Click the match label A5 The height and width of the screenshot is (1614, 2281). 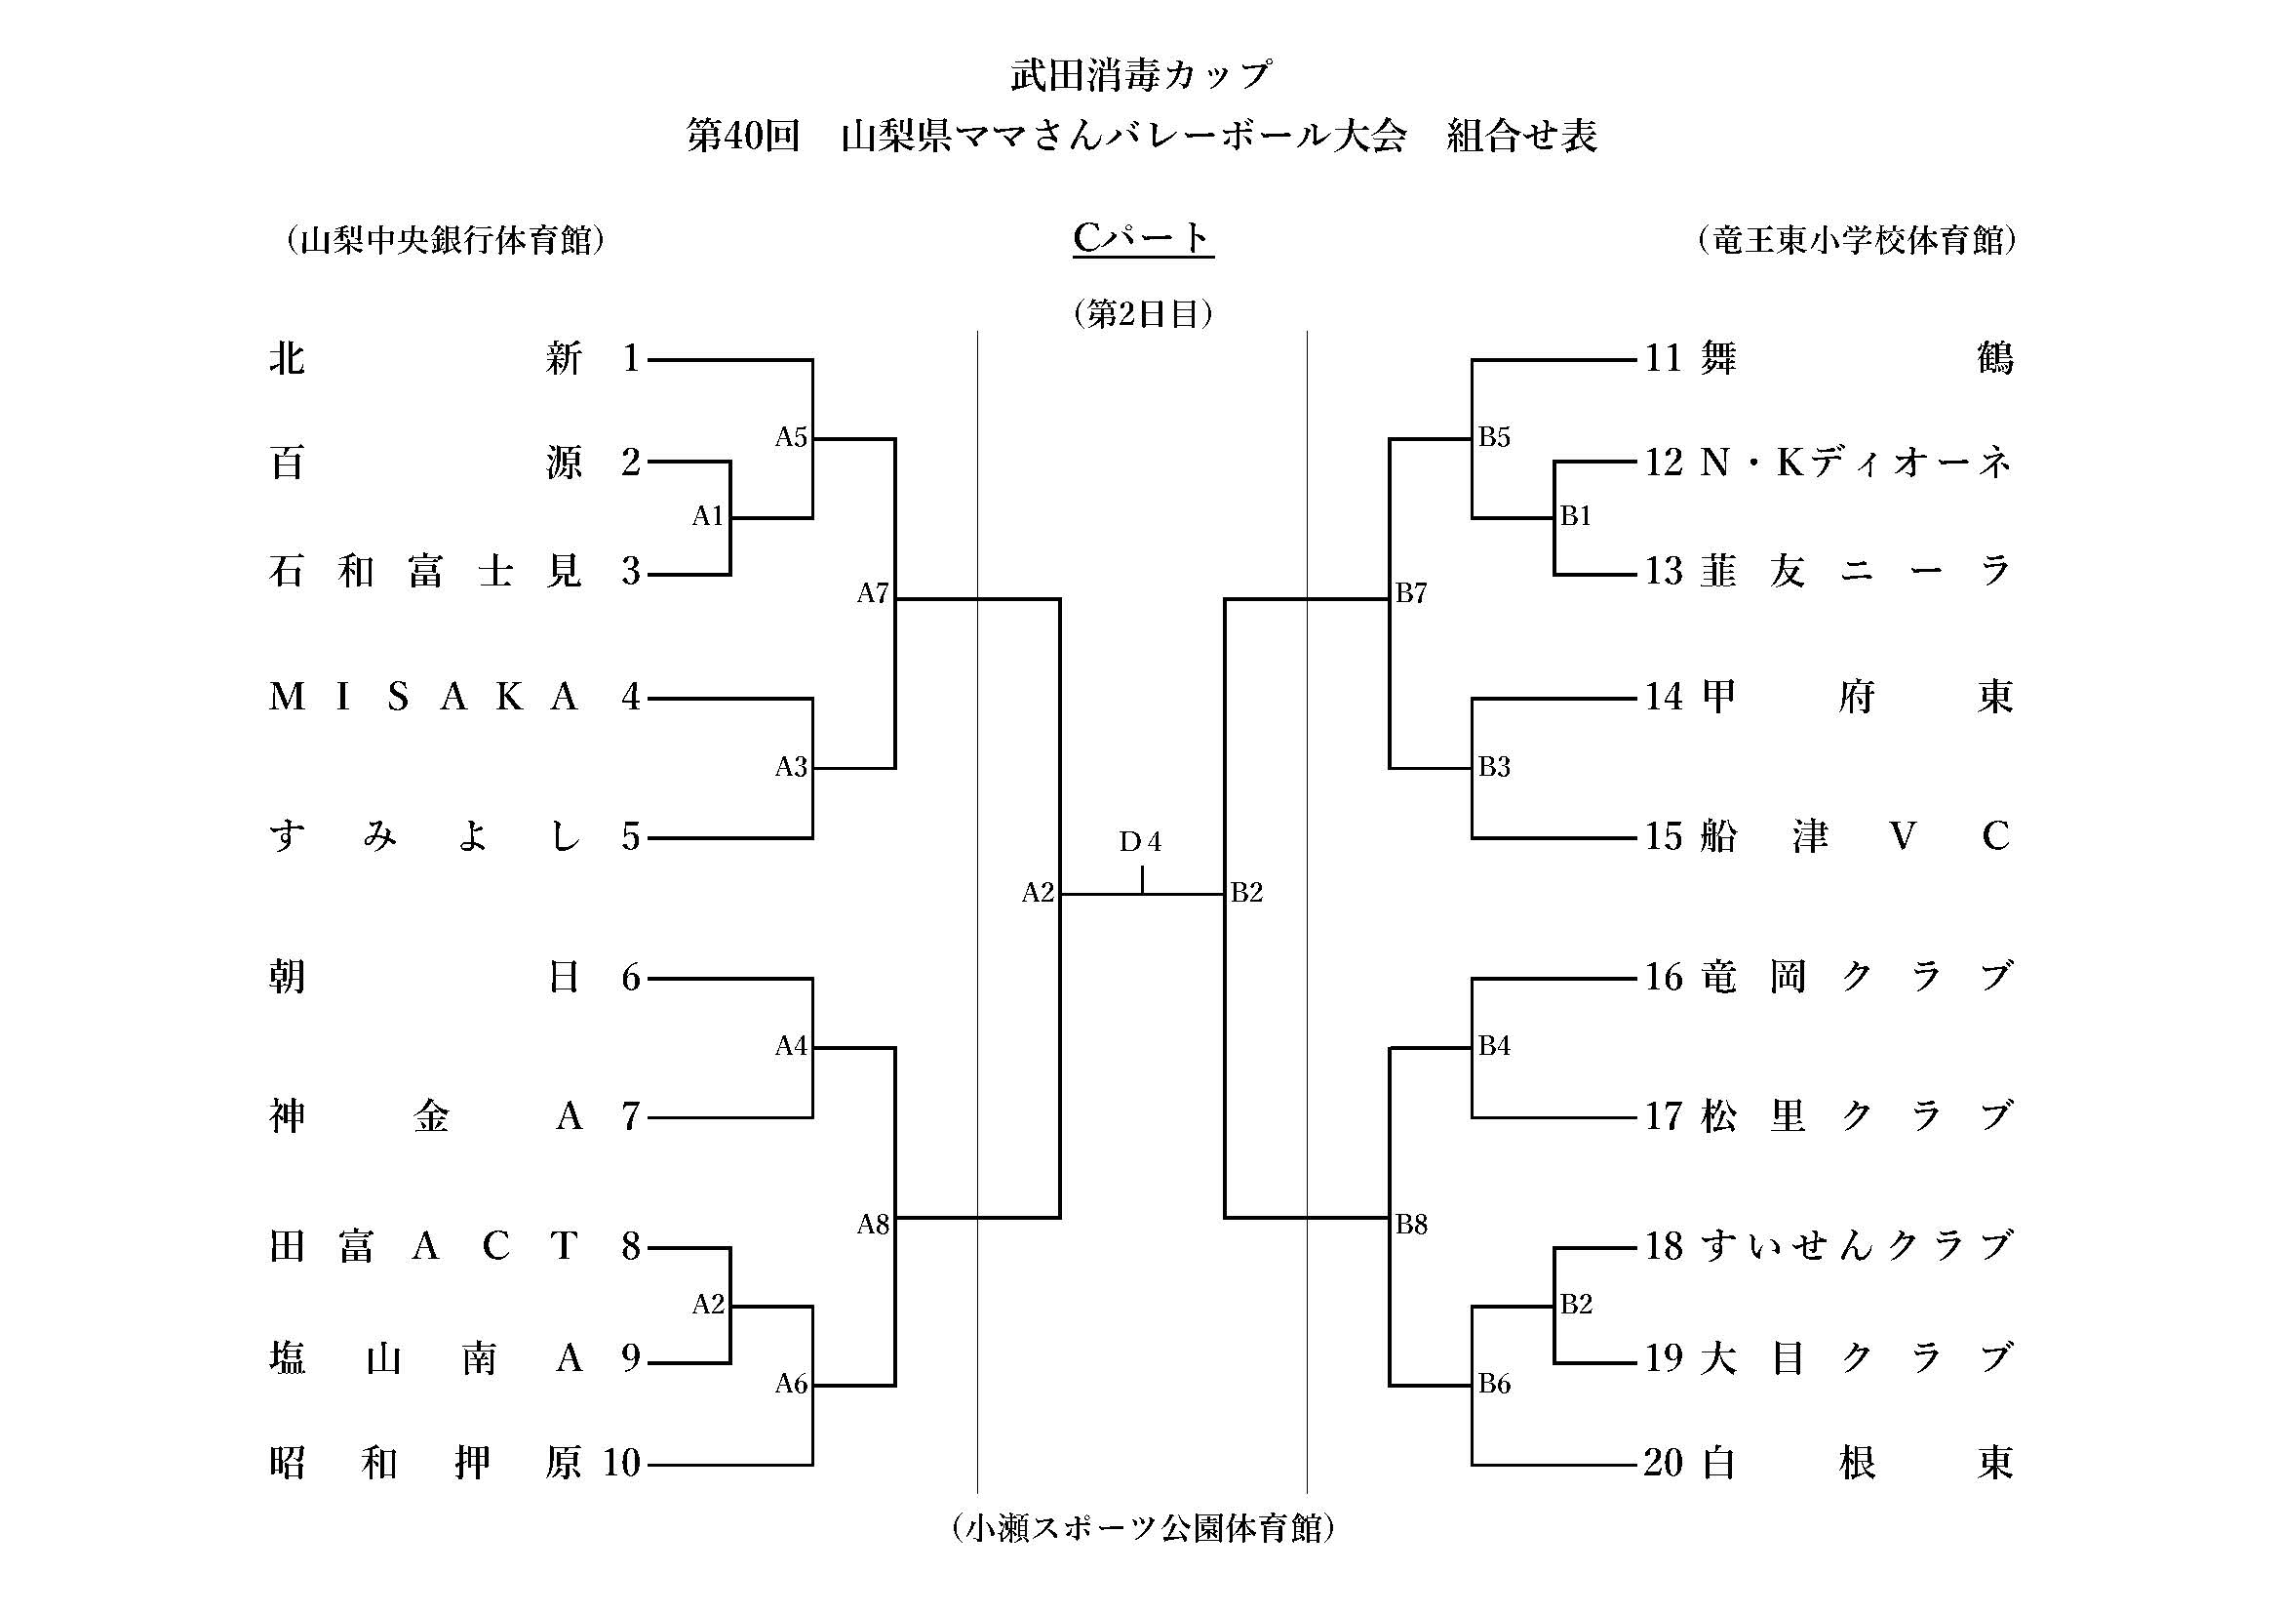[x=791, y=437]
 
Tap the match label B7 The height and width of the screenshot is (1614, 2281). [x=1411, y=593]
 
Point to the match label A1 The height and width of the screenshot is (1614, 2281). [x=707, y=516]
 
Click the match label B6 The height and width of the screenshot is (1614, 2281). [x=1493, y=1384]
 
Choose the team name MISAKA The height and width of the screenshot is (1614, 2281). [x=424, y=697]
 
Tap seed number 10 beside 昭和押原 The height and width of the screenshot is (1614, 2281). [x=622, y=1462]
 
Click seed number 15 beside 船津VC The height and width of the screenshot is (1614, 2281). [x=1663, y=836]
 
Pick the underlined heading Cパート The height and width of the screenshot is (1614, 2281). [x=1143, y=237]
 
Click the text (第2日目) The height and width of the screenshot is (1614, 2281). [x=1143, y=314]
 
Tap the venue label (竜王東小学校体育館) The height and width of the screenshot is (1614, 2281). [x=1856, y=240]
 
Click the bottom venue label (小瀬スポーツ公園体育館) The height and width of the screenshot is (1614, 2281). [x=1143, y=1527]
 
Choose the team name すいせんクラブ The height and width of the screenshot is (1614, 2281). [x=1856, y=1245]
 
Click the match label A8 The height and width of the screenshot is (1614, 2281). [x=872, y=1225]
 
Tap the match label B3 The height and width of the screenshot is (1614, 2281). [x=1493, y=766]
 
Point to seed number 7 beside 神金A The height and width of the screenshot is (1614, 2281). [x=631, y=1117]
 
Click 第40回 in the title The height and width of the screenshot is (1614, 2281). [x=743, y=137]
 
